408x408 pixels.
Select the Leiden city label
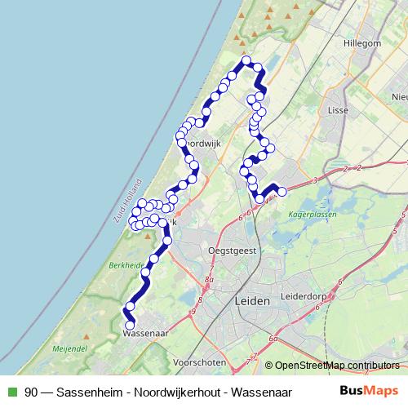pyautogui.click(x=251, y=301)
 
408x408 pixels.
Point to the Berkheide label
pyautogui.click(x=124, y=265)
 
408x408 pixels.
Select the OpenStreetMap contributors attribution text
pyautogui.click(x=332, y=365)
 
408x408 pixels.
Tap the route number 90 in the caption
pyautogui.click(x=31, y=391)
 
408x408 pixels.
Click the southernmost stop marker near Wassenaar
pyautogui.click(x=129, y=326)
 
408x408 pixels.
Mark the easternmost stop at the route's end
pyautogui.click(x=282, y=192)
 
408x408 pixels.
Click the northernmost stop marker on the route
pyautogui.click(x=246, y=61)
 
